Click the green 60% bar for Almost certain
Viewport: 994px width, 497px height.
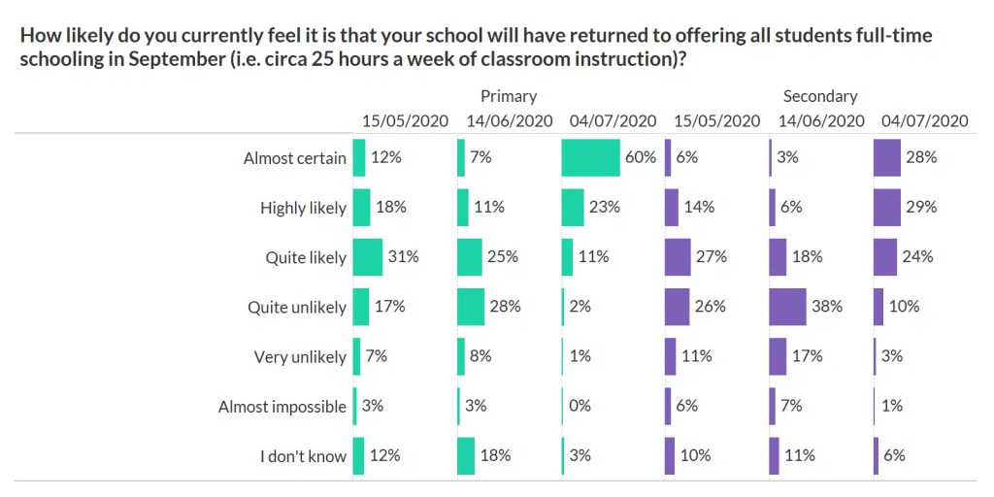click(x=590, y=157)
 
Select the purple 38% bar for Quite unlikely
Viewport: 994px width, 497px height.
click(x=787, y=307)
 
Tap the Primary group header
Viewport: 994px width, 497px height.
click(x=509, y=96)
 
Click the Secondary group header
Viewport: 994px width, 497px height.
click(x=820, y=96)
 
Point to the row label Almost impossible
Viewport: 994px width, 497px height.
click(x=282, y=407)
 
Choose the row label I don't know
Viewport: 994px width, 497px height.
click(x=303, y=456)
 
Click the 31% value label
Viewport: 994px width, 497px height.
click(x=404, y=257)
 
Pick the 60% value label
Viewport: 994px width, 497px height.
click(x=641, y=157)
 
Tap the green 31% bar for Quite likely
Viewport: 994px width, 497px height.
click(x=368, y=257)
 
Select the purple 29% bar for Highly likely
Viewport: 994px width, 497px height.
click(x=887, y=207)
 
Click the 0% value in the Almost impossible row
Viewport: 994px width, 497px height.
click(x=580, y=406)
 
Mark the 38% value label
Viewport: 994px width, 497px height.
click(x=827, y=307)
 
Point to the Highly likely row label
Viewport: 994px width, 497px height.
click(x=303, y=208)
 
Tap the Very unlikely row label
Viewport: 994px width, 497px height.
click(x=300, y=357)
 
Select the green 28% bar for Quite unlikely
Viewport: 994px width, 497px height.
click(x=471, y=307)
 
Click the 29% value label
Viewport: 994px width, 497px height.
click(x=921, y=207)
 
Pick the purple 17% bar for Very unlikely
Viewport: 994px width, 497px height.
click(x=778, y=356)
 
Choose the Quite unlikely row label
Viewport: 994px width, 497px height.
click(x=297, y=308)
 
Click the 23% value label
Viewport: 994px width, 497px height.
click(x=605, y=207)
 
